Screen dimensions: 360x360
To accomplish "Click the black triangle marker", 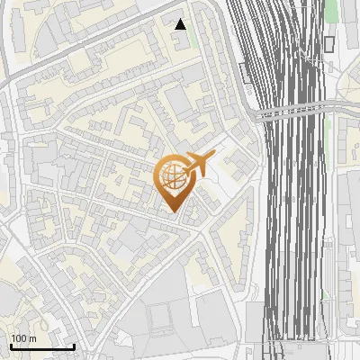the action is [181, 24].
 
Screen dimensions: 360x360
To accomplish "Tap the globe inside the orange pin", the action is [174, 176].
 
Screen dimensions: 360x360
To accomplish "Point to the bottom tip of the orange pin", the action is [174, 212].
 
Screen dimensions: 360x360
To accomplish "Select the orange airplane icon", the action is [197, 165].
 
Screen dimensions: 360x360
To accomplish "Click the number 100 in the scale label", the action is [19, 338].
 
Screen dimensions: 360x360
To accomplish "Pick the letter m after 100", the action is [32, 338].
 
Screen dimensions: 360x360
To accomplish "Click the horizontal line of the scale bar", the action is [41, 347].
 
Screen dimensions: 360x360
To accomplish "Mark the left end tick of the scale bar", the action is [10, 346].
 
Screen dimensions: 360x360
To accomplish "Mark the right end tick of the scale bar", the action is [74, 346].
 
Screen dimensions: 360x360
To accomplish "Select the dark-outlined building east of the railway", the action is [328, 42].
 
